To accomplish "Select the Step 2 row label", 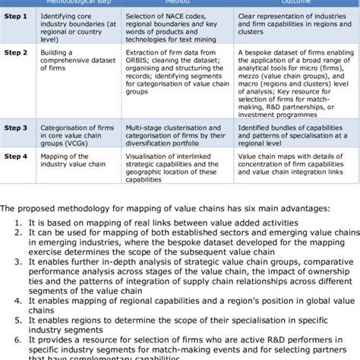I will point(16,53).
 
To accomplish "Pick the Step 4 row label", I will point(16,156).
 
